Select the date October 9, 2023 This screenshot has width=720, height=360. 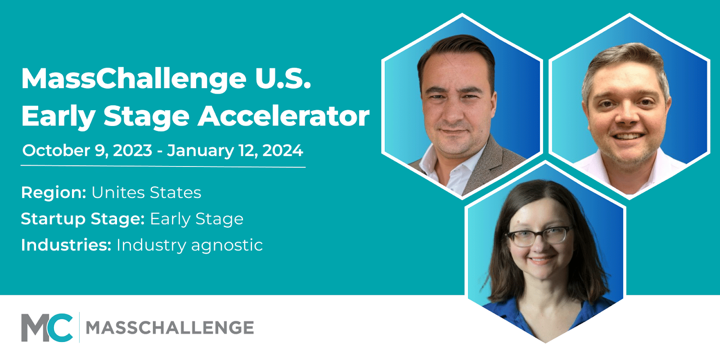click(87, 150)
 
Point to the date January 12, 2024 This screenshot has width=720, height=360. click(235, 150)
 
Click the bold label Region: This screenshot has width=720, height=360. click(54, 193)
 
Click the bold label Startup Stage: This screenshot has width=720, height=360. click(83, 219)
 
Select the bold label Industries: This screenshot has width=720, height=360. click(66, 245)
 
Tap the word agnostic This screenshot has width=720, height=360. click(227, 246)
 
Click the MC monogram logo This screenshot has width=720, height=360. click(47, 328)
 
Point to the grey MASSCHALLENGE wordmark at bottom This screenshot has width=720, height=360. click(170, 328)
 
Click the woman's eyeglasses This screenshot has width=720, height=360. click(538, 237)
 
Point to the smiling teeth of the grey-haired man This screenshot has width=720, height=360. click(628, 136)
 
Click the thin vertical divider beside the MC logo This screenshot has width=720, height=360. click(79, 328)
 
